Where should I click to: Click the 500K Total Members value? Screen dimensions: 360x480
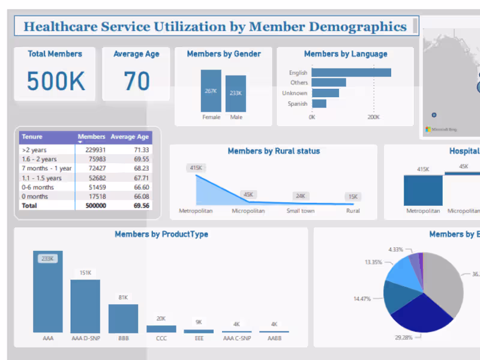(x=56, y=81)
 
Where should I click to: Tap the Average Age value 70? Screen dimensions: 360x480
(x=136, y=81)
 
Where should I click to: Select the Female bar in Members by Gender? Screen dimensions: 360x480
(x=211, y=91)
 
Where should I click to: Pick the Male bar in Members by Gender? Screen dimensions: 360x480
(x=236, y=94)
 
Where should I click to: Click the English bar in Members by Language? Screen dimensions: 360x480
(x=352, y=73)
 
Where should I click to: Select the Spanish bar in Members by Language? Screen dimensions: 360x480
(x=319, y=104)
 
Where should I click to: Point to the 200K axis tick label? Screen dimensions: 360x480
(x=373, y=118)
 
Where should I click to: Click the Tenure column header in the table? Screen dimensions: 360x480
(x=32, y=137)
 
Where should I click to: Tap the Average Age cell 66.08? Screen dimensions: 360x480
(x=137, y=196)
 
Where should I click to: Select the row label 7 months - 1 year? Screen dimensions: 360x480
(x=46, y=169)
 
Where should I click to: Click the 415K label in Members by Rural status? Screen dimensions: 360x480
(x=196, y=168)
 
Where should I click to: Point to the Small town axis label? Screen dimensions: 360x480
(x=300, y=211)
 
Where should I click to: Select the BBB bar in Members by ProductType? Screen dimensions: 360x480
(x=123, y=318)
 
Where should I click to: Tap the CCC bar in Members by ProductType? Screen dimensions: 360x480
(x=161, y=329)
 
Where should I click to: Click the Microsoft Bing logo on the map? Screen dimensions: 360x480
(x=441, y=129)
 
